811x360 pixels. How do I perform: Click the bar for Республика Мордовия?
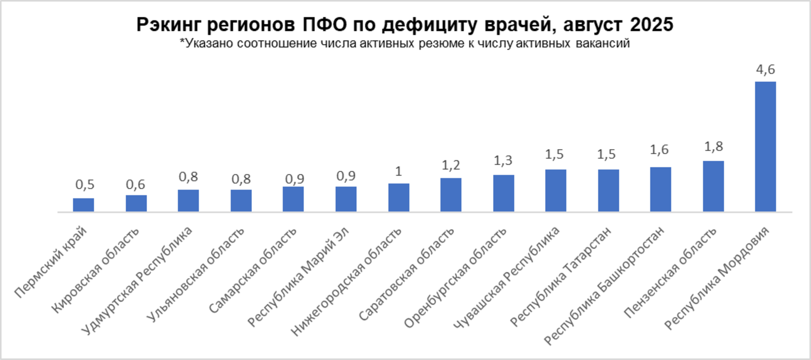[765, 147]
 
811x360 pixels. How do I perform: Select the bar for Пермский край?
[83, 205]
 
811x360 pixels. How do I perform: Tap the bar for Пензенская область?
[713, 186]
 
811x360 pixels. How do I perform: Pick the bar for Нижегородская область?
[398, 197]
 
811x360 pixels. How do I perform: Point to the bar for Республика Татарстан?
[608, 190]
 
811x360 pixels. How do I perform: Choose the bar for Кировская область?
[136, 203]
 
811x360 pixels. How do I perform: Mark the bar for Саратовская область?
[451, 195]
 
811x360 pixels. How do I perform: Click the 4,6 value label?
[765, 69]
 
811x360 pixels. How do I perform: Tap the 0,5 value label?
[85, 185]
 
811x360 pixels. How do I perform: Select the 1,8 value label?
[713, 147]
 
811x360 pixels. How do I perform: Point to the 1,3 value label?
[503, 161]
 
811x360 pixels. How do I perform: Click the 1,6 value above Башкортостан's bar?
[659, 150]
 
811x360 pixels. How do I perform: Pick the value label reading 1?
[398, 171]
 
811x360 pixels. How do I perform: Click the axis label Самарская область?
[252, 271]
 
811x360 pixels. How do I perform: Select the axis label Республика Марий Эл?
[298, 278]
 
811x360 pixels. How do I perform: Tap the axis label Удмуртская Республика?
[137, 280]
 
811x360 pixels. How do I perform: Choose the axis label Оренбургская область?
[455, 278]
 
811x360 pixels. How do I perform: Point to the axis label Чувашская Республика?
[506, 278]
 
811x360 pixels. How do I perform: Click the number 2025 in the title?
[652, 24]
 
